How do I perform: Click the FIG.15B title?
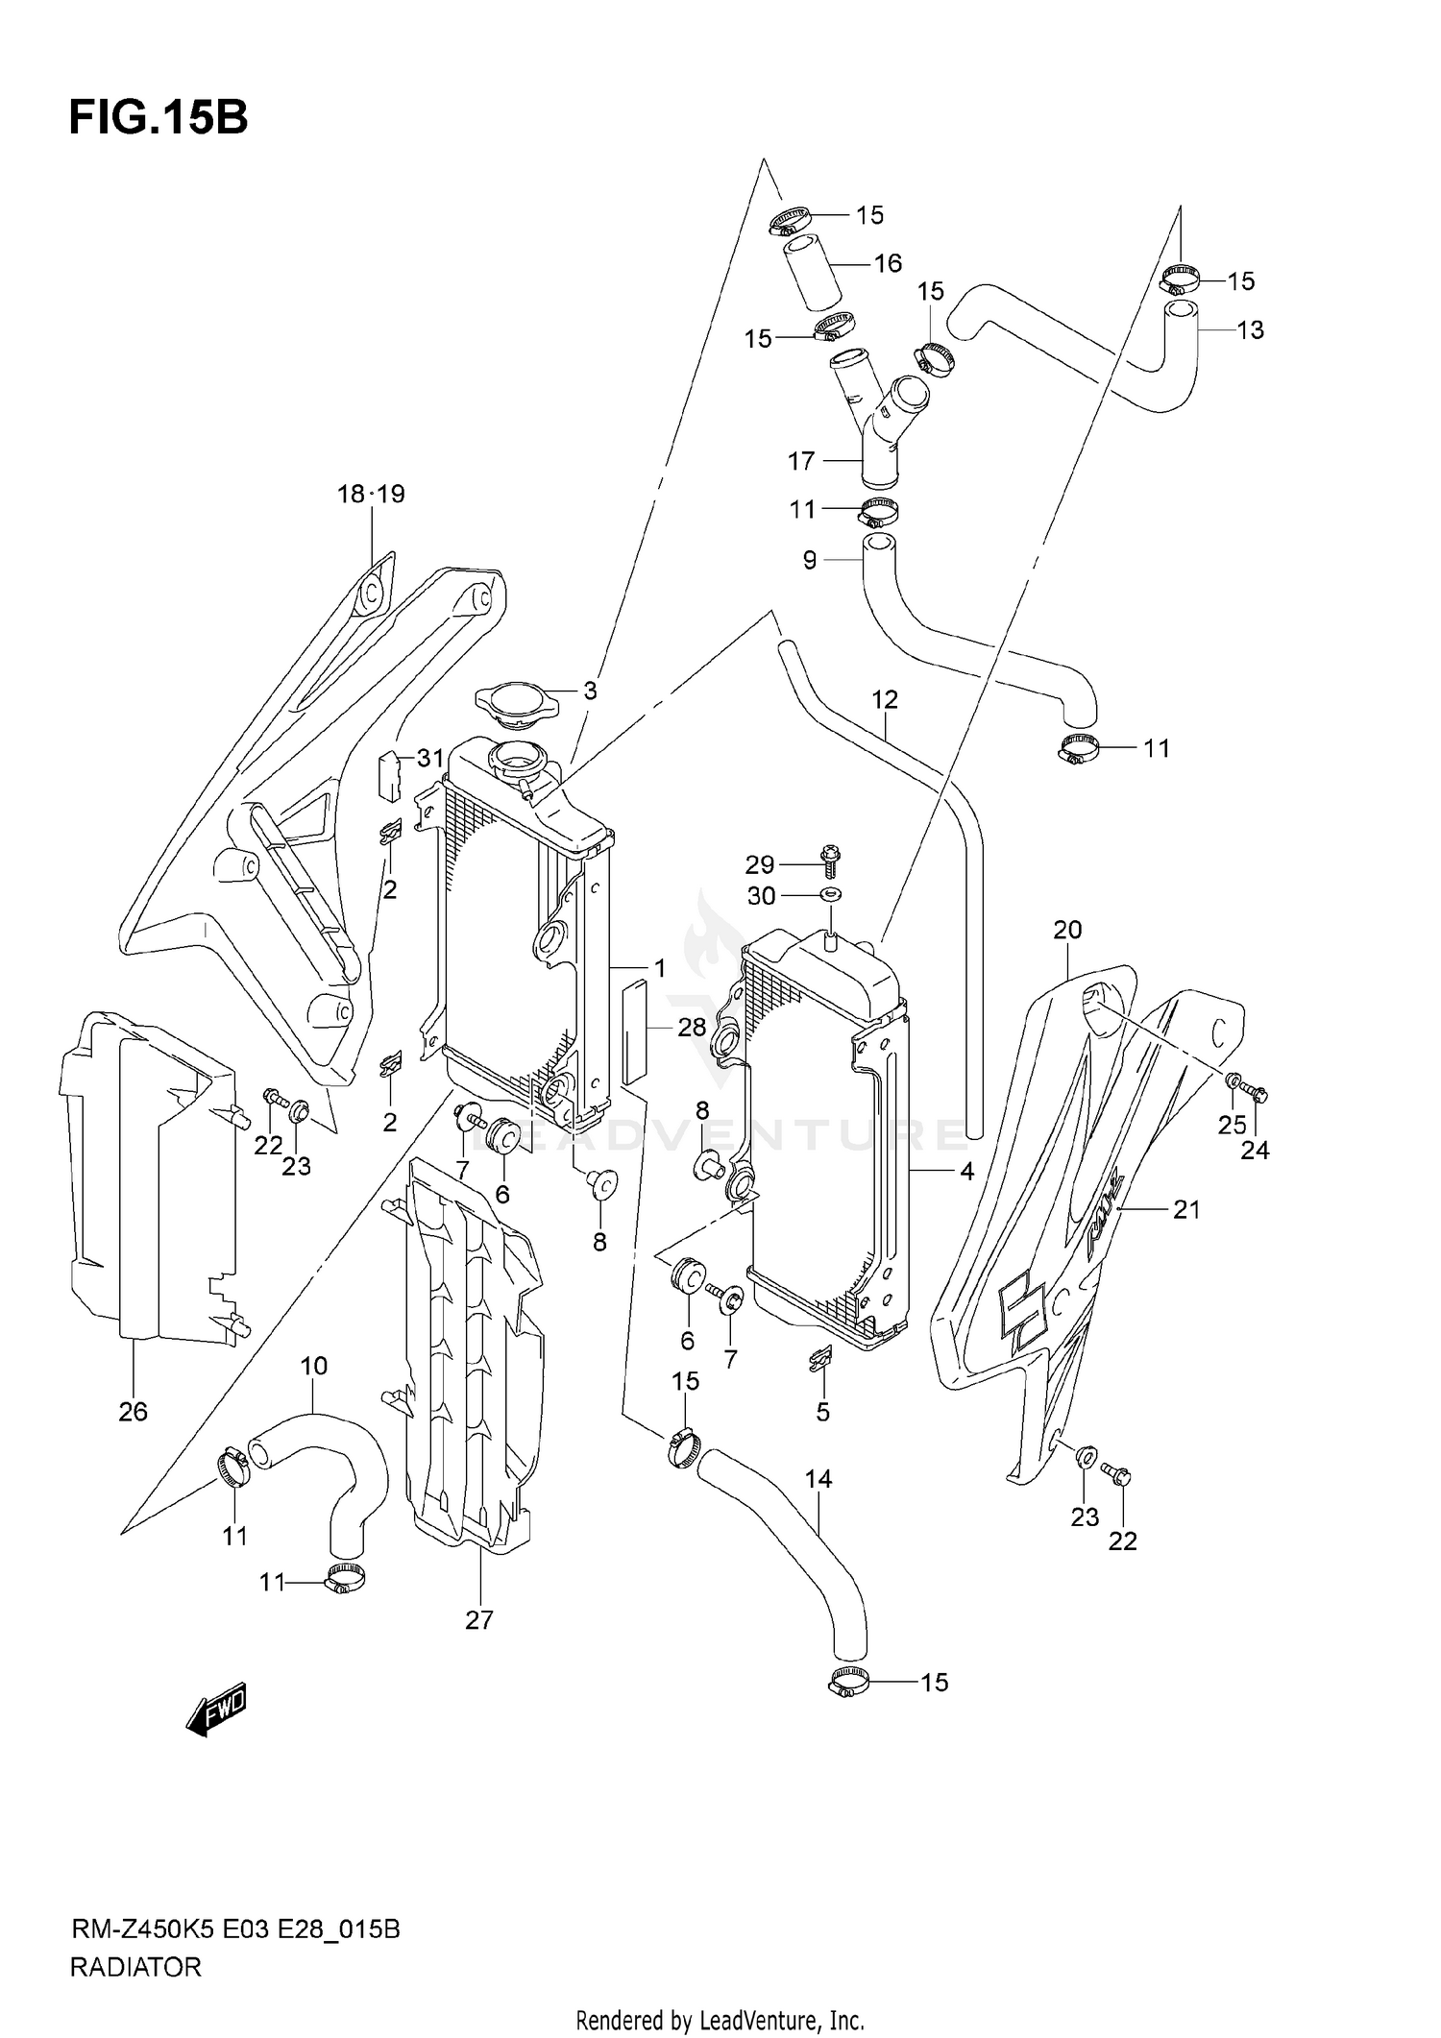click(159, 119)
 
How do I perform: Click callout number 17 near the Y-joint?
click(800, 462)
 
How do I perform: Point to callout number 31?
click(429, 759)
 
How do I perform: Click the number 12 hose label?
click(884, 700)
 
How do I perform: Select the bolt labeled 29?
click(829, 860)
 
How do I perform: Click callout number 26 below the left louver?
click(133, 1411)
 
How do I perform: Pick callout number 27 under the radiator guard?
click(478, 1620)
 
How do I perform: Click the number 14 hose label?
click(818, 1480)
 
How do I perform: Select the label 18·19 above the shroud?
click(371, 495)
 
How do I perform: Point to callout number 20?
click(1067, 930)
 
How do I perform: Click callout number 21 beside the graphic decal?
click(1186, 1210)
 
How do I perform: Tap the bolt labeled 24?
click(1255, 1093)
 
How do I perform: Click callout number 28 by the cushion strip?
click(692, 1028)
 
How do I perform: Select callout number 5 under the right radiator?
click(822, 1412)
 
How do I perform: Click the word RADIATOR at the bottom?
click(135, 1967)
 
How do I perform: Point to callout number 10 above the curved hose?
click(314, 1366)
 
